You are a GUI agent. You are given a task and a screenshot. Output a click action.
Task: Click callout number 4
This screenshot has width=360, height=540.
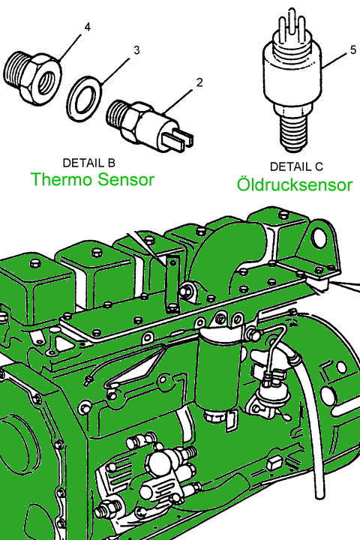coord(88,27)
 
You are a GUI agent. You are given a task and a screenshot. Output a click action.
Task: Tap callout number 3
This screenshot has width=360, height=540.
coord(136,50)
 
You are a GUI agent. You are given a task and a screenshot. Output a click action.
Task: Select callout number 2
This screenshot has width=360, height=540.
coord(199,82)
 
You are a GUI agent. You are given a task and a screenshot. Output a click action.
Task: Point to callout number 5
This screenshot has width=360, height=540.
coord(353,50)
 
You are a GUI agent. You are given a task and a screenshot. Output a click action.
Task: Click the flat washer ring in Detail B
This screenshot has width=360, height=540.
coord(83,100)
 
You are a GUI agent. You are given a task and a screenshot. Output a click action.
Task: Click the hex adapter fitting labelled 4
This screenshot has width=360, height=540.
coord(33,78)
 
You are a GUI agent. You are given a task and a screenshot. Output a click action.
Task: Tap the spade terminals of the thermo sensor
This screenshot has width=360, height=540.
coord(178,139)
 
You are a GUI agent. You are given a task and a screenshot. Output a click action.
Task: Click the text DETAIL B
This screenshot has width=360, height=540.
coord(89,163)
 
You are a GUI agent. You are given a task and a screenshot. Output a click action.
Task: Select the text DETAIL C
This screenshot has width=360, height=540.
coord(296,166)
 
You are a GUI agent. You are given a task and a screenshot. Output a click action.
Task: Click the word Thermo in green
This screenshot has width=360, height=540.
coord(61,179)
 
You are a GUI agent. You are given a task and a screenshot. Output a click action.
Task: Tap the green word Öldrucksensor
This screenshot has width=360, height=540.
coord(295,184)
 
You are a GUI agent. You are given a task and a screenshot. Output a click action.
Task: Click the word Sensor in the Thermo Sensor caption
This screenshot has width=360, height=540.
coord(126,179)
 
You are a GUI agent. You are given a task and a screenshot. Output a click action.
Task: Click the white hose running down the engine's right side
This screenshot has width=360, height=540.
coord(310,413)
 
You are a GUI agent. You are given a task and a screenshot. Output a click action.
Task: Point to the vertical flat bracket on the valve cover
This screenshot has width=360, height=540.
coord(172,283)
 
